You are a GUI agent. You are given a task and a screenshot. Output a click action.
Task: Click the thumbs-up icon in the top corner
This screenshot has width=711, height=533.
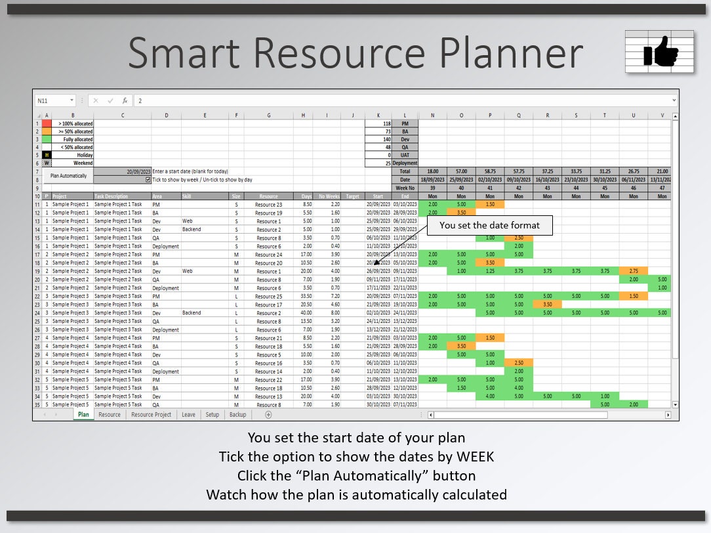(x=660, y=52)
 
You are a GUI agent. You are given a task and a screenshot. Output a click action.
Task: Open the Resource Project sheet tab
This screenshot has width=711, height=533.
(x=151, y=415)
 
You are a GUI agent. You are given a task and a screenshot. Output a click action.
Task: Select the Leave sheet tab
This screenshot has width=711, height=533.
(x=188, y=415)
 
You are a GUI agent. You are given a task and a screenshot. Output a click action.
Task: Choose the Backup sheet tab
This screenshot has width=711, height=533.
(x=237, y=415)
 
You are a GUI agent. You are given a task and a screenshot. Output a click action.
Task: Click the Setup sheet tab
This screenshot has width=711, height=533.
(x=212, y=415)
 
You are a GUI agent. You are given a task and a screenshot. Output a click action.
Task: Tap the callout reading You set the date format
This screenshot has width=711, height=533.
(x=489, y=225)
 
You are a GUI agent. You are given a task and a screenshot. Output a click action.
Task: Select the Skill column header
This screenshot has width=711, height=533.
(x=204, y=196)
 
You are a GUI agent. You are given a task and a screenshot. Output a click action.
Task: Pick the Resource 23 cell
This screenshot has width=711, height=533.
(x=268, y=205)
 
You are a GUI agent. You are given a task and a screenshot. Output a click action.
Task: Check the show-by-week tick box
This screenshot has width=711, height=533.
(x=148, y=179)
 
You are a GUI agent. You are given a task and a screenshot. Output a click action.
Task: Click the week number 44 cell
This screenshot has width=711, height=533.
(x=576, y=188)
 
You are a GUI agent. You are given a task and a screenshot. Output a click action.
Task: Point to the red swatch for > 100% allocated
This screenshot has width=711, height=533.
(x=46, y=123)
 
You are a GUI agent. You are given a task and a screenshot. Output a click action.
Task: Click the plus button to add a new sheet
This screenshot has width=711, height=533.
(x=268, y=415)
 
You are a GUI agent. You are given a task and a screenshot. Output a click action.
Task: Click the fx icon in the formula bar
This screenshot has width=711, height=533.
(x=125, y=101)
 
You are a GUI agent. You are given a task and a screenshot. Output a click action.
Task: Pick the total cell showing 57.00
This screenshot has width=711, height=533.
(x=461, y=171)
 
